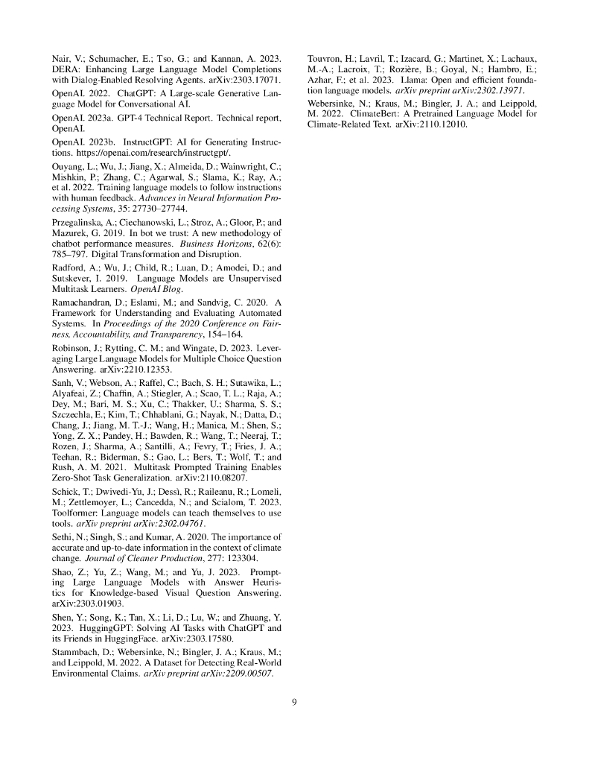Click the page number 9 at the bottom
point(294,701)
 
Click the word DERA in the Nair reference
point(66,68)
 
